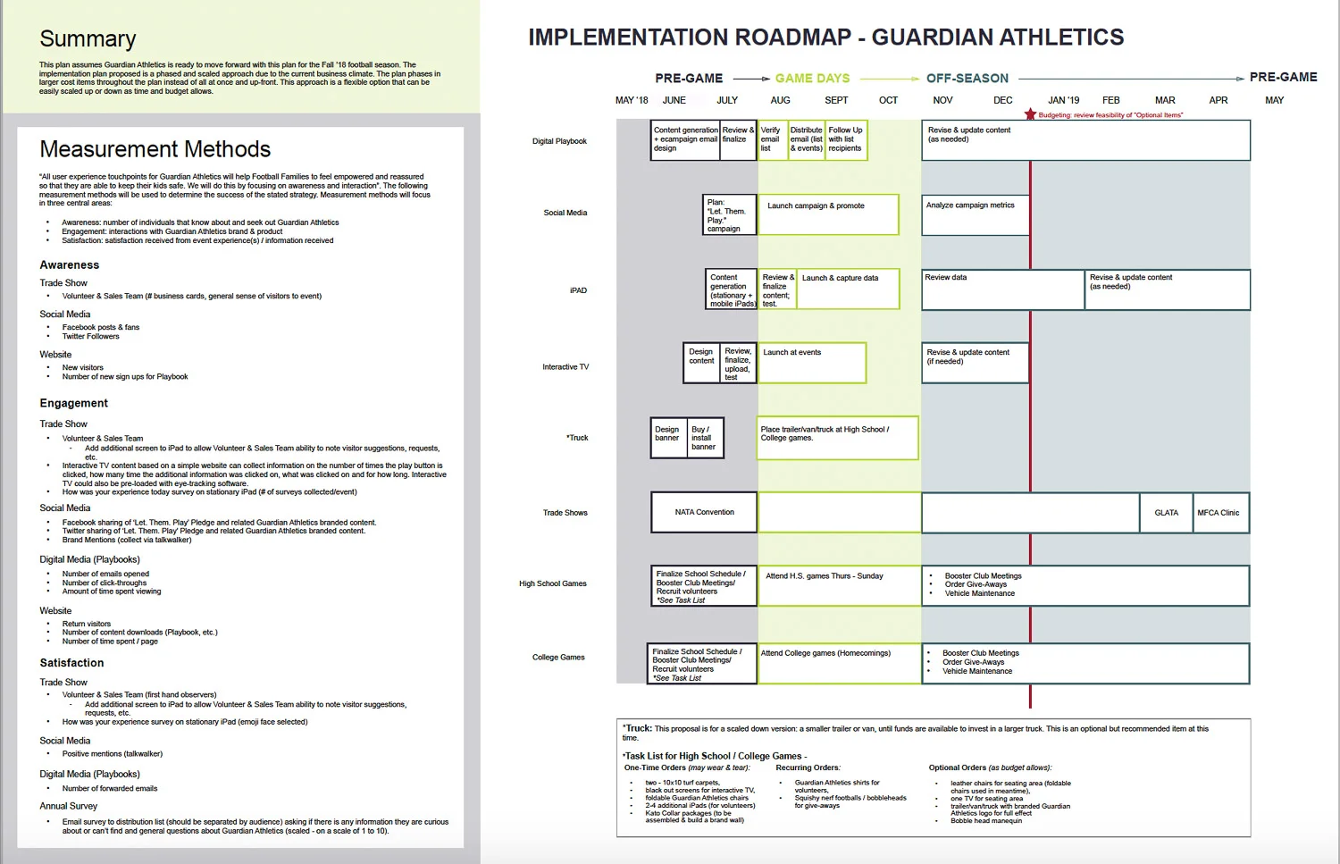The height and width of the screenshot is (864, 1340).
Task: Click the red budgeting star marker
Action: [1030, 114]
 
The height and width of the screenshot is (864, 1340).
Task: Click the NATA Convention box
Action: [704, 513]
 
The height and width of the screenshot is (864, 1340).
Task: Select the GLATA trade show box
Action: [1166, 513]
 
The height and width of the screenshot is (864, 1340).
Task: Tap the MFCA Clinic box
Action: [1219, 513]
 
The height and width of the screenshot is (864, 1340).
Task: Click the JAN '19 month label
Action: [1063, 100]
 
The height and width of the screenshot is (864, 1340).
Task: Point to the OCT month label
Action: [888, 100]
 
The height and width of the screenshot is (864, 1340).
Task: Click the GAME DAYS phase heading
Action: [812, 79]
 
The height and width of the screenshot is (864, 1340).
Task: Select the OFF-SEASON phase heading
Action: [967, 79]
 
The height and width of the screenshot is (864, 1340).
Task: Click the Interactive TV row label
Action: [565, 367]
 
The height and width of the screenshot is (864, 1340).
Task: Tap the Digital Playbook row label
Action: [559, 141]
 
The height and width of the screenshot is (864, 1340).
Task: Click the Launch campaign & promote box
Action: [828, 214]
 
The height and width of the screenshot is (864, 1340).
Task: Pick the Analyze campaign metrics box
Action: [976, 215]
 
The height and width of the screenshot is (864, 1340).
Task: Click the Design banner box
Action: [668, 438]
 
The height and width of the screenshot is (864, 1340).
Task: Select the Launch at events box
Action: [812, 363]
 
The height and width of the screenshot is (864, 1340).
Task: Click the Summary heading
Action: [88, 39]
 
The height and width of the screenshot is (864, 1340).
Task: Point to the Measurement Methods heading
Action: [155, 149]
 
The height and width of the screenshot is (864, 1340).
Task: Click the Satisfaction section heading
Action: [71, 663]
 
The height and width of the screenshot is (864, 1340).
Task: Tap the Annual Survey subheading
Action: [68, 806]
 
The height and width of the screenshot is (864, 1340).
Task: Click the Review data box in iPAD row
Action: [1002, 289]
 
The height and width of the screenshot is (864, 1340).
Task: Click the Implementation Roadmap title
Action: [825, 38]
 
